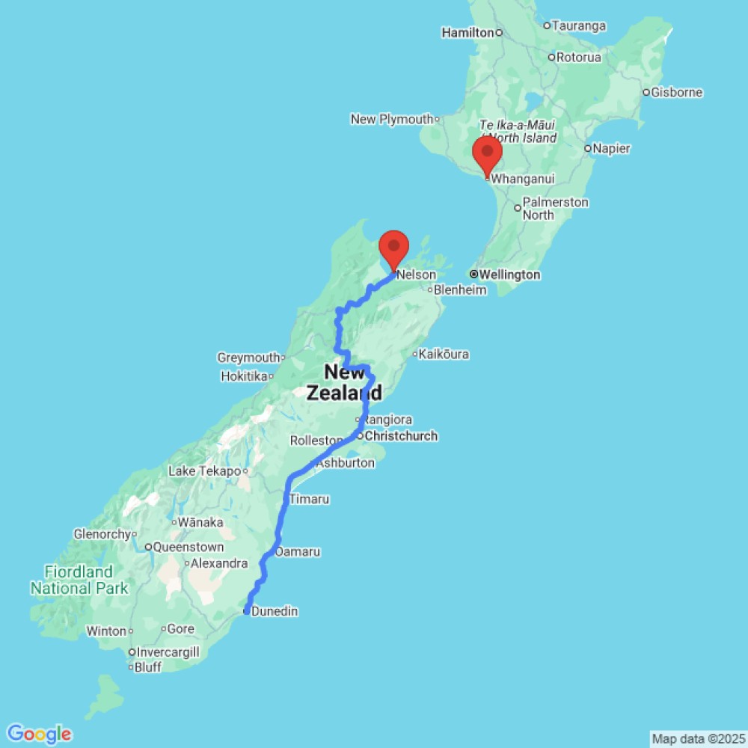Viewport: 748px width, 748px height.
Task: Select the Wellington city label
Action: click(509, 275)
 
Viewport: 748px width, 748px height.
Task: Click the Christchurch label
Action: click(402, 436)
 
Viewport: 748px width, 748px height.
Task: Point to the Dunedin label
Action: click(275, 612)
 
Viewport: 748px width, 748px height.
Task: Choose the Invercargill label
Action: click(168, 652)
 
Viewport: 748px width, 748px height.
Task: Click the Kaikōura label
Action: click(445, 354)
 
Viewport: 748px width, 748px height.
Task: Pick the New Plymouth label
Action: click(392, 119)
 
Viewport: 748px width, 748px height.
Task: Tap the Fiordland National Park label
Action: click(79, 580)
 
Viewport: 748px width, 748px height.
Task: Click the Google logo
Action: click(39, 734)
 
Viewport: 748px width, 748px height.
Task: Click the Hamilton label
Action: click(468, 33)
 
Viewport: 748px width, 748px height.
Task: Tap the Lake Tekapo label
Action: click(204, 471)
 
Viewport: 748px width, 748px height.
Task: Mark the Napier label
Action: click(611, 149)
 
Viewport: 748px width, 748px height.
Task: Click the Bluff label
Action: click(149, 667)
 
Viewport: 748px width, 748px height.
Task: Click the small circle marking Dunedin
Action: click(247, 612)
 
